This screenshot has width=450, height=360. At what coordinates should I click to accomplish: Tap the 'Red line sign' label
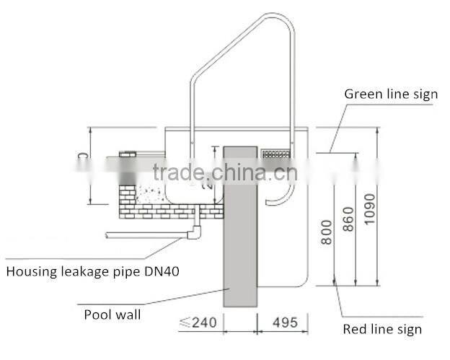click(x=381, y=330)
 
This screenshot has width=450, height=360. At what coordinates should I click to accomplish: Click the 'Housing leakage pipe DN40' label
click(x=93, y=272)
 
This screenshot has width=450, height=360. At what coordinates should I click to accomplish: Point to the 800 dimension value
click(x=327, y=231)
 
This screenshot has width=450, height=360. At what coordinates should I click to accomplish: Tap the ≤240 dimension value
click(x=197, y=322)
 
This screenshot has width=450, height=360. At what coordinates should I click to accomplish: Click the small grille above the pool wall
click(x=276, y=154)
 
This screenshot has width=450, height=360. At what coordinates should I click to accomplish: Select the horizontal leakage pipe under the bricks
click(x=144, y=234)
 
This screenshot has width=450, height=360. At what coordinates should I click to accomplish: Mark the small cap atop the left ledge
click(x=128, y=154)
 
